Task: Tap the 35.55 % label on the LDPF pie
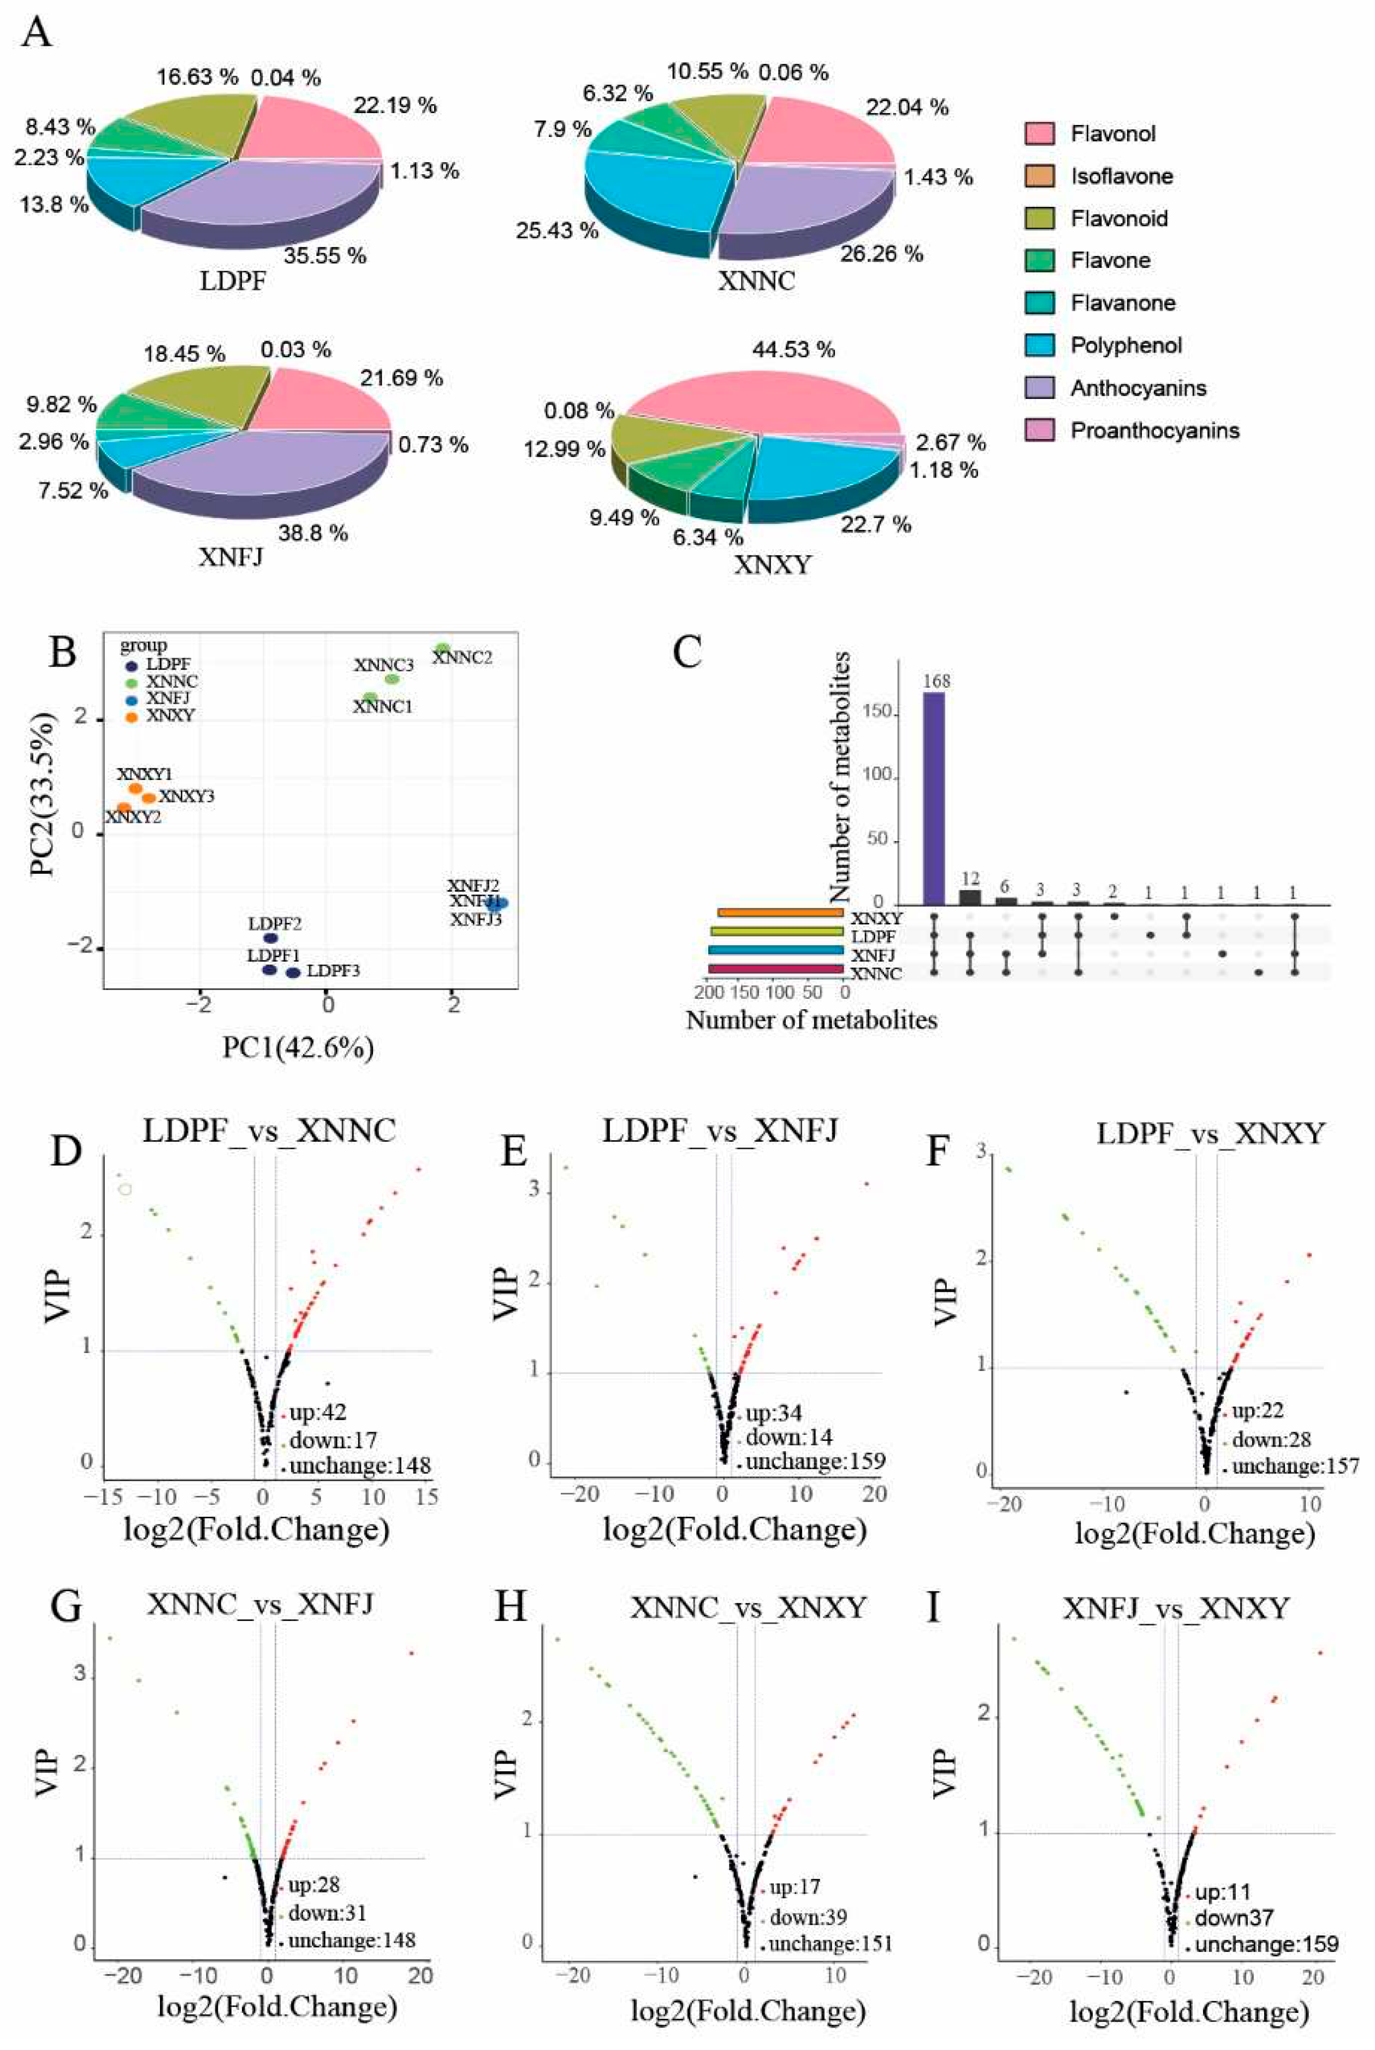[324, 256]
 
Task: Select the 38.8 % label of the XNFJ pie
[313, 532]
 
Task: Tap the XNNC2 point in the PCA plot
[443, 648]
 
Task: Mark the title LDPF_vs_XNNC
[269, 1131]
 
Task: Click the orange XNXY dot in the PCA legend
[131, 715]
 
